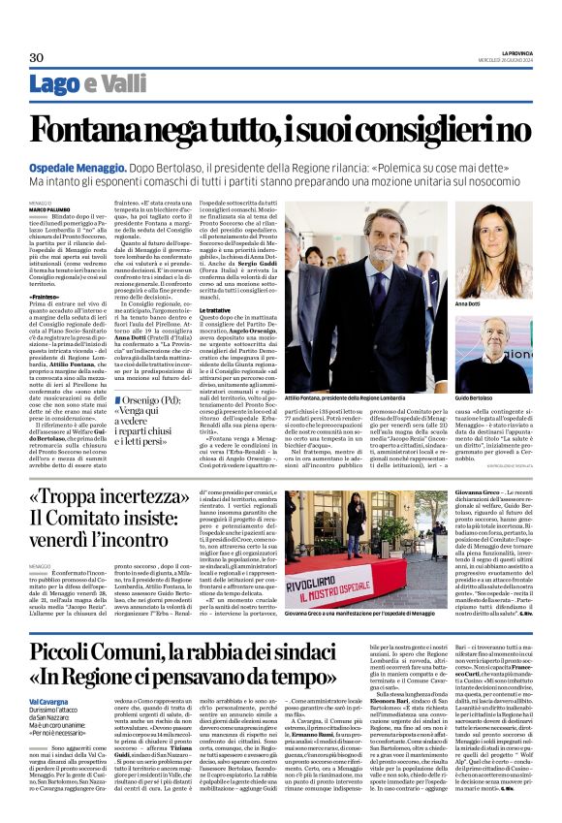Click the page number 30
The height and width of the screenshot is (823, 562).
tap(38, 57)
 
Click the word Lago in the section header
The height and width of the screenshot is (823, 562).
tap(54, 85)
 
